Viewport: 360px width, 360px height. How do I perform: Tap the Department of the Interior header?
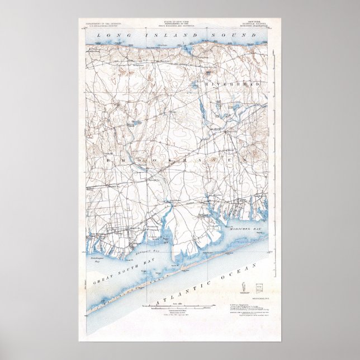(103, 25)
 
